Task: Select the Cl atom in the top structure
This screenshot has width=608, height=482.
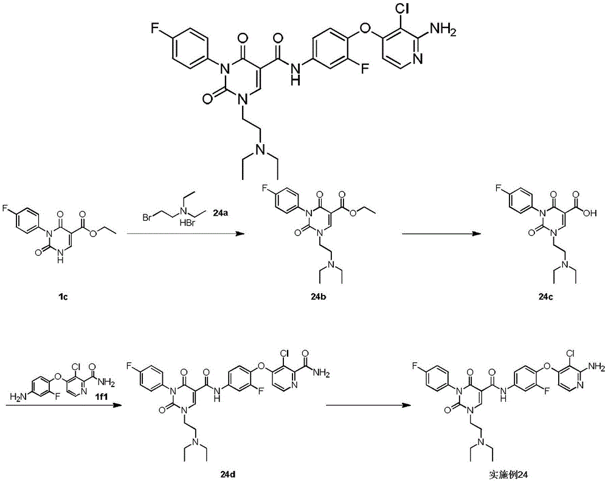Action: tap(402, 8)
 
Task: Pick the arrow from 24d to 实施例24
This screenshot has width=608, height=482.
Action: tap(368, 405)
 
